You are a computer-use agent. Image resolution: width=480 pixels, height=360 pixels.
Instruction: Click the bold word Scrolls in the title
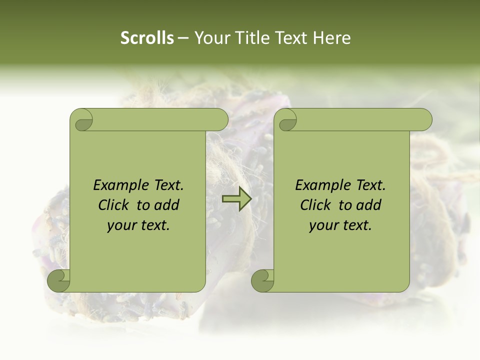click(x=147, y=38)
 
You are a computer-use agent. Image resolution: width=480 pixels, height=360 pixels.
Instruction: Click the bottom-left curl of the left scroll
click(x=58, y=280)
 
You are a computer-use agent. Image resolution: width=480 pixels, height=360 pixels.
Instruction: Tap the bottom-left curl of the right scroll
click(x=262, y=280)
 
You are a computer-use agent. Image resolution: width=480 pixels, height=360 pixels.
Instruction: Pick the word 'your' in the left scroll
click(x=120, y=226)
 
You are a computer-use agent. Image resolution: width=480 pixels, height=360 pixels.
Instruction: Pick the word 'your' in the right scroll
click(x=322, y=226)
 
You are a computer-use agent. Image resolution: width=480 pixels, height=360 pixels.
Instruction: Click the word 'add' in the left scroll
click(x=167, y=205)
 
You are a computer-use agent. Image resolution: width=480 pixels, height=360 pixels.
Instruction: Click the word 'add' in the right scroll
click(x=369, y=205)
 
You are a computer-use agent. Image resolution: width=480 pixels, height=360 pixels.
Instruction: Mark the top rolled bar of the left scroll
click(x=160, y=119)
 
